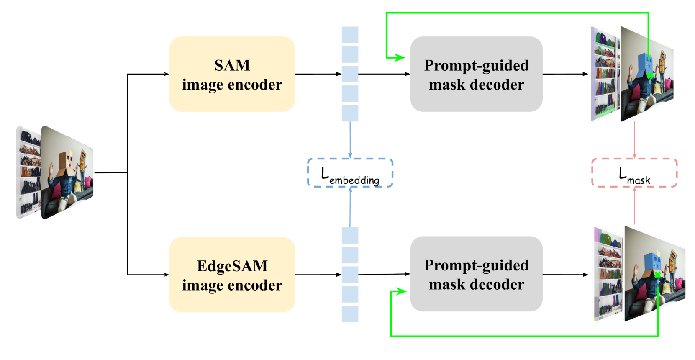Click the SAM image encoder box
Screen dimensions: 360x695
(x=232, y=74)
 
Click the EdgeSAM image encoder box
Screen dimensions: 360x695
(x=232, y=275)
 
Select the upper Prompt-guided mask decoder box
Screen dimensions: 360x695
(x=476, y=74)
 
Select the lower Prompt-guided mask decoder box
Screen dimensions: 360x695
(x=476, y=274)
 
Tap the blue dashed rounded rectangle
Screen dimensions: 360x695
(x=350, y=172)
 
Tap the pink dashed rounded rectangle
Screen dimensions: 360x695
(x=634, y=172)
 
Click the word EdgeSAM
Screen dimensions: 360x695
(x=232, y=266)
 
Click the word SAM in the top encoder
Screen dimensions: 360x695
(x=232, y=65)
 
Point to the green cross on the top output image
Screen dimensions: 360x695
(x=650, y=76)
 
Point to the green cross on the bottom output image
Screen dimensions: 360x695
(x=658, y=275)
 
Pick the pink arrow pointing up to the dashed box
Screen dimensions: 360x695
(x=634, y=205)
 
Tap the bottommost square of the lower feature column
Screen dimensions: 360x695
(x=350, y=314)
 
